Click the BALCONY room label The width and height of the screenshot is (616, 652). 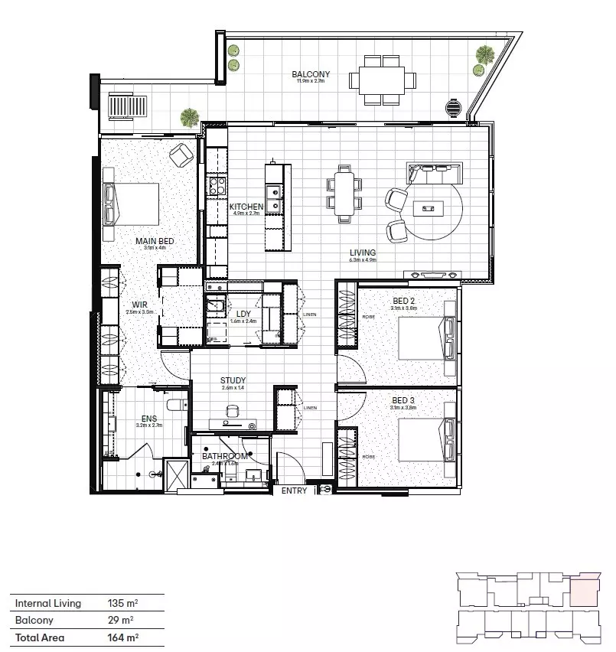[311, 74]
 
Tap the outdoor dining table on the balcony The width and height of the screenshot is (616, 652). [382, 79]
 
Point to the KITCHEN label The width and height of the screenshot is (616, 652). [246, 207]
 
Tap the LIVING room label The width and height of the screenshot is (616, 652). [363, 253]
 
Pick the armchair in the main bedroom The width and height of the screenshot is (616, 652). [181, 155]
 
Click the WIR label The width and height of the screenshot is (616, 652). [139, 304]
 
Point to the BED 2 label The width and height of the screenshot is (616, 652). [403, 301]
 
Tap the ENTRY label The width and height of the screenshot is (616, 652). [294, 491]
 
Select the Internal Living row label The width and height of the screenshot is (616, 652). [47, 603]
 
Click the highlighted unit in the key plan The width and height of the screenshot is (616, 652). [586, 591]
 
